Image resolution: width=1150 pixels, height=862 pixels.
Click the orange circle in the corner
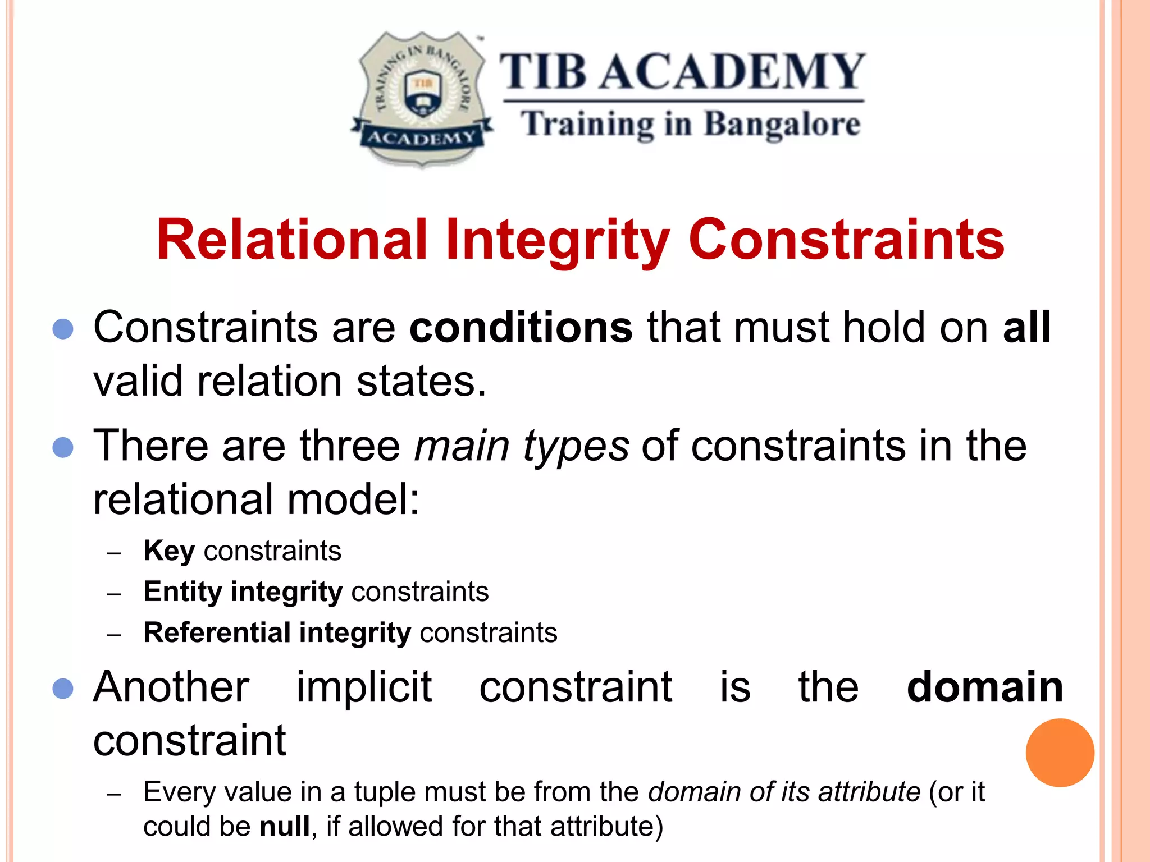pyautogui.click(x=1060, y=753)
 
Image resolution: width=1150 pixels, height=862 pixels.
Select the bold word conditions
pyautogui.click(x=521, y=328)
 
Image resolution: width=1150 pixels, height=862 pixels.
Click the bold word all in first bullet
pyautogui.click(x=1026, y=328)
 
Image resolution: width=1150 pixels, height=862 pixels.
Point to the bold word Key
pyautogui.click(x=169, y=551)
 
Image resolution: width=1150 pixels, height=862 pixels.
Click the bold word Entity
pyautogui.click(x=183, y=592)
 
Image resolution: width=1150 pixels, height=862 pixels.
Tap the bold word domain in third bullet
pyautogui.click(x=985, y=687)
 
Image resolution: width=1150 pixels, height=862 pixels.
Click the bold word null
pyautogui.click(x=285, y=826)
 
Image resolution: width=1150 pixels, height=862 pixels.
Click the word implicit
pyautogui.click(x=364, y=687)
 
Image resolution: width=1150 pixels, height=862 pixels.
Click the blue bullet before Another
pyautogui.click(x=63, y=689)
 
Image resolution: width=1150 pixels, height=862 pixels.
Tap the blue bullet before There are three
pyautogui.click(x=63, y=448)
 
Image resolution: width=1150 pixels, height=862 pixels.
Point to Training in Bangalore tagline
pyautogui.click(x=690, y=125)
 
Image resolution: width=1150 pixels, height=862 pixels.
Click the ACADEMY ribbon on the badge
pyautogui.click(x=421, y=138)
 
